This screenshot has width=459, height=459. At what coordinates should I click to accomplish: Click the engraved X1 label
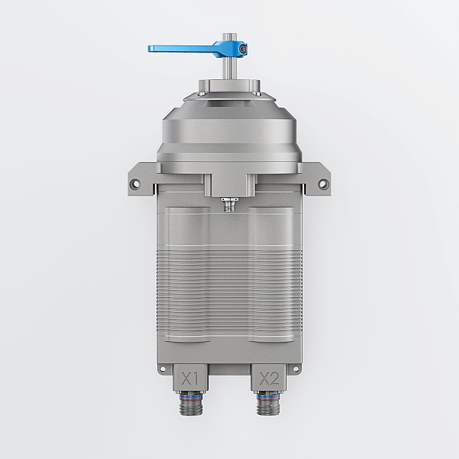190,379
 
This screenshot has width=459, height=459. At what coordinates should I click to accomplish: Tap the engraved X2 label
269,379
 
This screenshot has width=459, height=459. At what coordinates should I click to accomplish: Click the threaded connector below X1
191,404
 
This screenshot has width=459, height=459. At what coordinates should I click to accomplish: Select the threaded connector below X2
268,404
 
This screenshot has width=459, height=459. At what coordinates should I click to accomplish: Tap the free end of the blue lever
149,49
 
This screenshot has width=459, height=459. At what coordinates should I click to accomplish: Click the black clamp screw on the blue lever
243,49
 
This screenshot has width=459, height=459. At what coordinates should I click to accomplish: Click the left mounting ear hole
134,184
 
